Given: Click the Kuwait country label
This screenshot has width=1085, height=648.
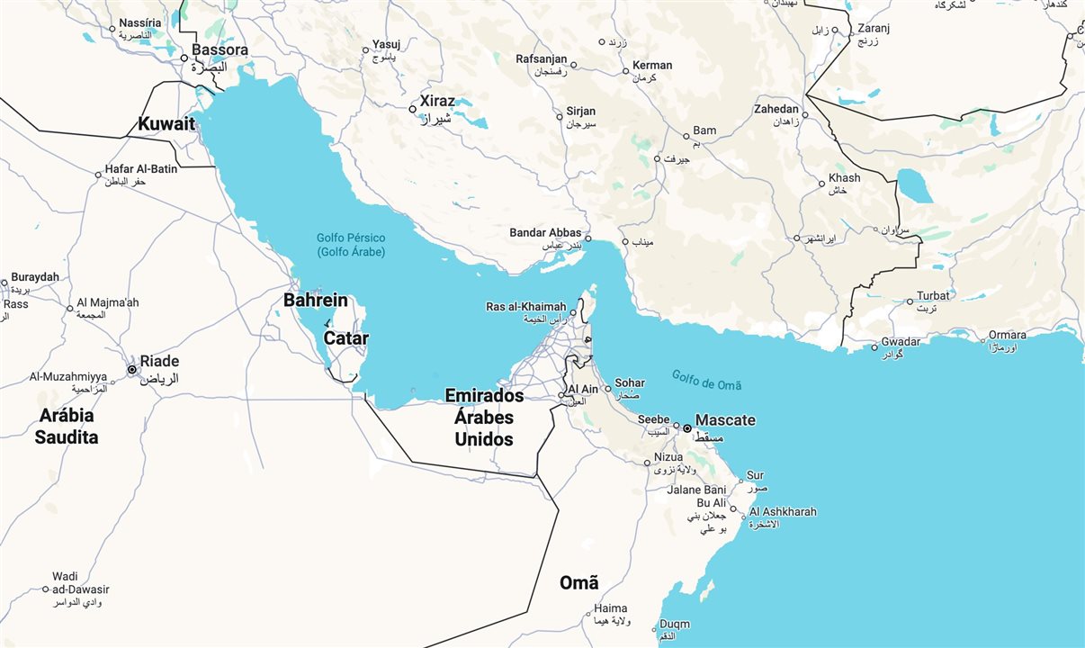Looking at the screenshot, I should point(166,124).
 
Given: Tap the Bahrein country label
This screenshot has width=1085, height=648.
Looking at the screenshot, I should point(315,300).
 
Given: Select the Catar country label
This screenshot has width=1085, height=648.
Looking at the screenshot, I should point(346,338).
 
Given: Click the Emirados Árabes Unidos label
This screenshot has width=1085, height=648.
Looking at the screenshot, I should point(484,418).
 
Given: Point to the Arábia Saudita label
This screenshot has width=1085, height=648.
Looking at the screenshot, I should point(67,427).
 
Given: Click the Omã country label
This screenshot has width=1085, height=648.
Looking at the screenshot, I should point(578,582).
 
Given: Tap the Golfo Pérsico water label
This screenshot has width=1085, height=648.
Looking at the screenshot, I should point(350,245).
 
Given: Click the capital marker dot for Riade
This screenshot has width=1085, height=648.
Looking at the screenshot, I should point(132,369).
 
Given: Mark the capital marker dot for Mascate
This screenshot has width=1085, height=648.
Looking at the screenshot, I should point(687,428).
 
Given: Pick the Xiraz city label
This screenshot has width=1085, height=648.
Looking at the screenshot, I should point(437,101).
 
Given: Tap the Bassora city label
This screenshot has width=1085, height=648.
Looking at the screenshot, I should point(220,50).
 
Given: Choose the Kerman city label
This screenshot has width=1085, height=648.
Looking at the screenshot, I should point(652,65).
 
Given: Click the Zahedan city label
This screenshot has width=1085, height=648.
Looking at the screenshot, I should point(776,109).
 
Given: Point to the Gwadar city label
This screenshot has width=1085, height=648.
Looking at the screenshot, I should point(901,341).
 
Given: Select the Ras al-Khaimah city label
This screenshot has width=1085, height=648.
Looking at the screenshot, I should point(526,306).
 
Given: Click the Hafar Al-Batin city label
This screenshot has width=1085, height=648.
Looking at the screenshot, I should point(141,168).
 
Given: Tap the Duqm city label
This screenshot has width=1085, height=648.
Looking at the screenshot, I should point(675,624).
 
